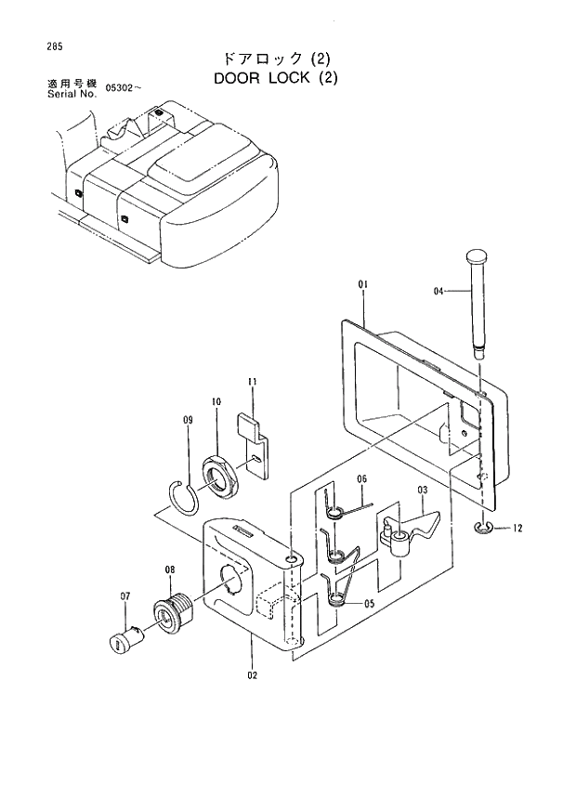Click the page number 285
click(x=37, y=46)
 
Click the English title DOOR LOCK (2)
click(x=276, y=78)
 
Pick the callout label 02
click(x=252, y=675)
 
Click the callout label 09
click(x=187, y=422)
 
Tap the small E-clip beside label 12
click(x=482, y=528)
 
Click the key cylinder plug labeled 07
click(x=125, y=640)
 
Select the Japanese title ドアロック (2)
click(x=276, y=58)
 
